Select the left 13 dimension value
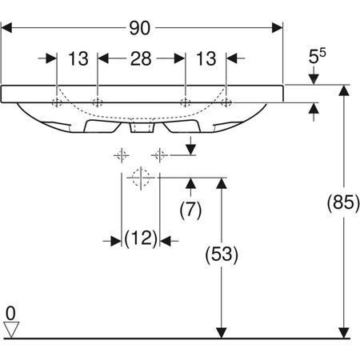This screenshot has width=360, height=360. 78,59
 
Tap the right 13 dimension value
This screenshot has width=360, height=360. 206,59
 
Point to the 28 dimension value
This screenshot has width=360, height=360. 142,59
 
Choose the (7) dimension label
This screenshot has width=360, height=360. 191,211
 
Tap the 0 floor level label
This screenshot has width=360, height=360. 10,310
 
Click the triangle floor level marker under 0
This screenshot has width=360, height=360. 10,329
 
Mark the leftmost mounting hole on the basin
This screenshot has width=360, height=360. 57,102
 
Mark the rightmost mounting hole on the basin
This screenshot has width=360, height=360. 226,102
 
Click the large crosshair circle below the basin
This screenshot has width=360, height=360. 140,178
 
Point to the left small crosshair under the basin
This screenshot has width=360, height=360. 122,154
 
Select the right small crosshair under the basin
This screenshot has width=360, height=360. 159,154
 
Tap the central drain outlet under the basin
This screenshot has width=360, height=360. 142,128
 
